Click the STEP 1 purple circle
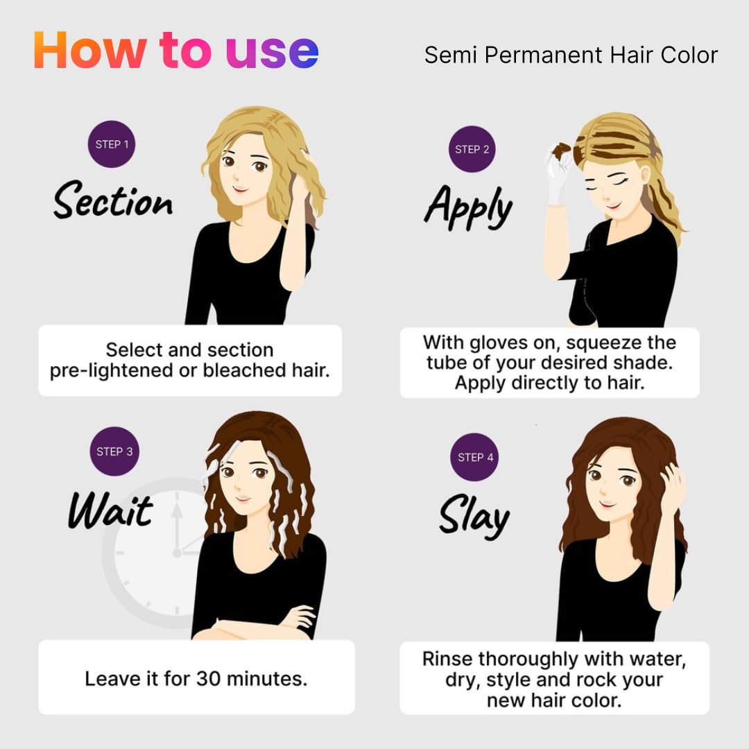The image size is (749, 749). tap(111, 144)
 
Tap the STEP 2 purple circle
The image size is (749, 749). tap(472, 149)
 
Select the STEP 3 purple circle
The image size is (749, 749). tap(114, 451)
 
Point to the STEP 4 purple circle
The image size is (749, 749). tap(475, 457)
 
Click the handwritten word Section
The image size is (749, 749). tap(113, 200)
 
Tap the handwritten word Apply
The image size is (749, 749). tap(469, 207)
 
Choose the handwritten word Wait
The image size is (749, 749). tap(110, 510)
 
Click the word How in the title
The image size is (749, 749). tap(89, 50)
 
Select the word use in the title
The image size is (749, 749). tap(272, 53)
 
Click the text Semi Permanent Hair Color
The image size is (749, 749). tap(571, 55)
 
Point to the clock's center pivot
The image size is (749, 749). tap(177, 553)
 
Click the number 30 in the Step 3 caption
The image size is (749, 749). tap(208, 679)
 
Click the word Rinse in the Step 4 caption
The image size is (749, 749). tap(447, 659)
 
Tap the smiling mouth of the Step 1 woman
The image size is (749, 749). tap(240, 189)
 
